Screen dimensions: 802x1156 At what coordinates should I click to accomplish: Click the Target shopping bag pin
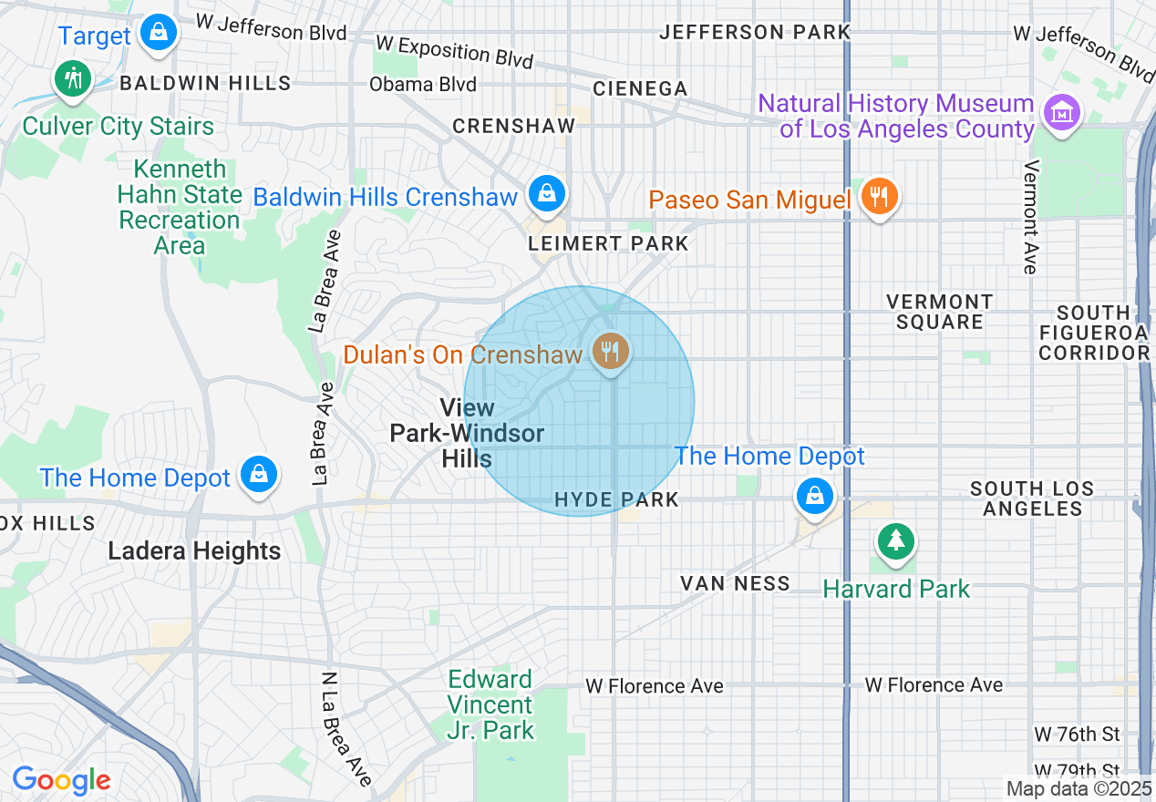point(160,33)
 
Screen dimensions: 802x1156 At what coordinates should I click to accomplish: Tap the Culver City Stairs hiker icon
point(73,79)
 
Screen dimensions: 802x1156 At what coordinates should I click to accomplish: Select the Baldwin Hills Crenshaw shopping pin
point(546,194)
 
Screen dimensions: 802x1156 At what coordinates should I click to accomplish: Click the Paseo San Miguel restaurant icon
point(878,198)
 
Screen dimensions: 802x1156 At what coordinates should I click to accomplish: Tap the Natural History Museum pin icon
point(1061,114)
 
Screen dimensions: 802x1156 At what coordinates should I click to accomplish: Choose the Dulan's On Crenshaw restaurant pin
point(610,351)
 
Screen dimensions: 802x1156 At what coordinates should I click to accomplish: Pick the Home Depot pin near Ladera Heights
point(259,475)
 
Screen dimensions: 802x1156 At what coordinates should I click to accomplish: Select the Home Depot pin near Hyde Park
point(814,497)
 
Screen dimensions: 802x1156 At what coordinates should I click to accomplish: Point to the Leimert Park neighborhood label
point(609,244)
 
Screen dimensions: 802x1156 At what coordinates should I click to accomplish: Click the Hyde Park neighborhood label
point(617,499)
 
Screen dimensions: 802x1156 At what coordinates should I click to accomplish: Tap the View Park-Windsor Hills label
point(467,433)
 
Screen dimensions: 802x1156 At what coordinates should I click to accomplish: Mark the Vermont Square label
point(939,312)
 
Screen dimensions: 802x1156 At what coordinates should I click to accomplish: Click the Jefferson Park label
point(755,32)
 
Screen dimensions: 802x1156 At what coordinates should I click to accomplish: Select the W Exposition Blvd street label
point(454,51)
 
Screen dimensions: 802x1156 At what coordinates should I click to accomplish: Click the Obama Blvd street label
point(422,85)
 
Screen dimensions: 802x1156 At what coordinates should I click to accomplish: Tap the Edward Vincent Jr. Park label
point(490,704)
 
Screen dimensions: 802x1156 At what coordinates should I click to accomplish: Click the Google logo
point(61,781)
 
